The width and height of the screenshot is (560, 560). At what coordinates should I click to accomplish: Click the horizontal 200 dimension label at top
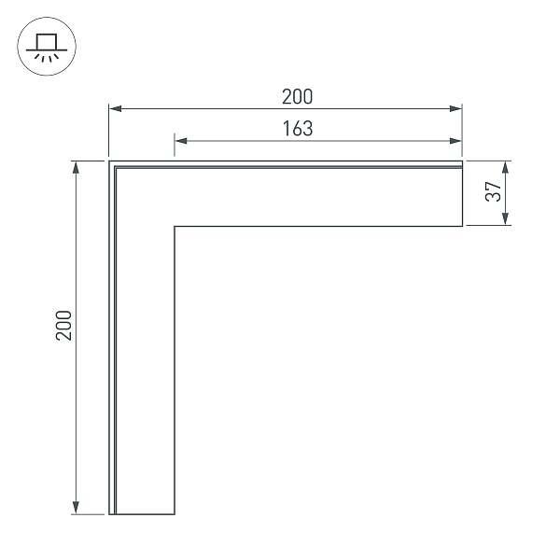pyautogui.click(x=297, y=96)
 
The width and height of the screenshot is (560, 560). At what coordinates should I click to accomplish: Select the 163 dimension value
pyautogui.click(x=298, y=129)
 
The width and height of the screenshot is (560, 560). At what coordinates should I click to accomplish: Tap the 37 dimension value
pyautogui.click(x=494, y=191)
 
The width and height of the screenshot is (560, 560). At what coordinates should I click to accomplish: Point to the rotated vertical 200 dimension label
pyautogui.click(x=64, y=326)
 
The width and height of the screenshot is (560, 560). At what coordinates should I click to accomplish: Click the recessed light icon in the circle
pyautogui.click(x=47, y=47)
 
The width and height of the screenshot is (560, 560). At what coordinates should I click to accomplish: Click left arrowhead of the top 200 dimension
pyautogui.click(x=115, y=108)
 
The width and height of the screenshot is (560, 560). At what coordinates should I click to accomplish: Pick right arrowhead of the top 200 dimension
pyautogui.click(x=455, y=108)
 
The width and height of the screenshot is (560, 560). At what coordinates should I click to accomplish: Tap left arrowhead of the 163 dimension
pyautogui.click(x=181, y=141)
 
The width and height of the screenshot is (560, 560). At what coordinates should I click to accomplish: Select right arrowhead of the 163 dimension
pyautogui.click(x=455, y=141)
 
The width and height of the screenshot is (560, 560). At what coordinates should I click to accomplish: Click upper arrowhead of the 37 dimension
pyautogui.click(x=505, y=167)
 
